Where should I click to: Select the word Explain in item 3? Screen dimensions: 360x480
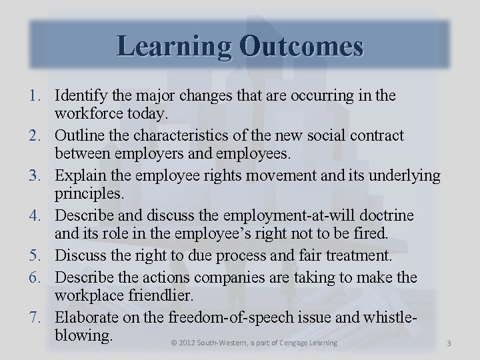(79, 176)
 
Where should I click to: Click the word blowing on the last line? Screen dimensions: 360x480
(82, 333)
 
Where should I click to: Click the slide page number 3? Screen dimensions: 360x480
(449, 343)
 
